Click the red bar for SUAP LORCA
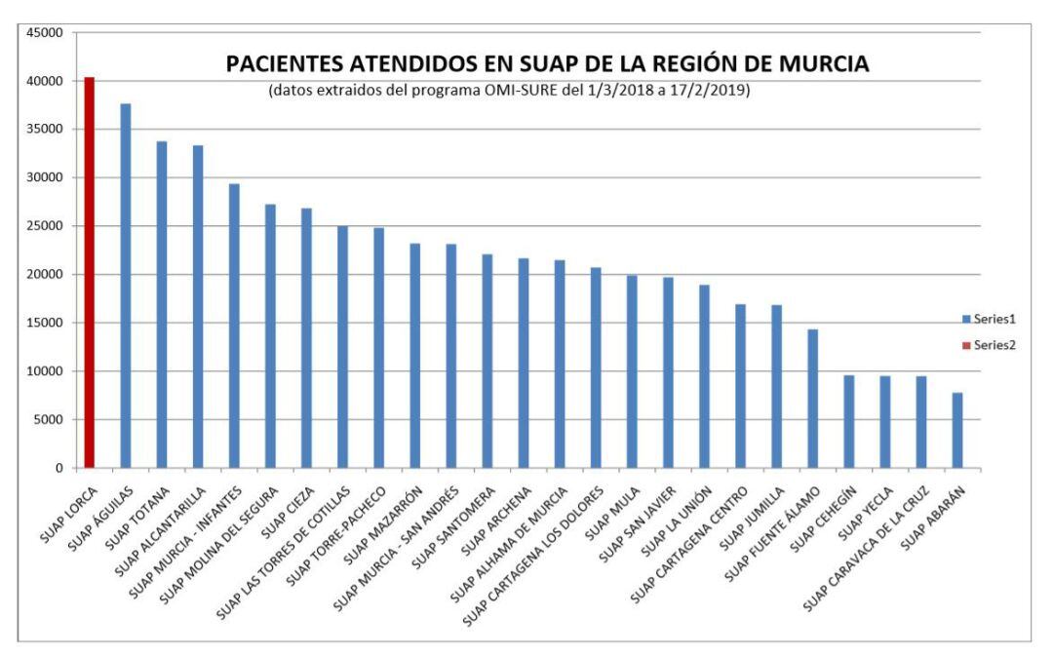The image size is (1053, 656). click(89, 273)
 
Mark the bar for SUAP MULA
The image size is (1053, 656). click(632, 371)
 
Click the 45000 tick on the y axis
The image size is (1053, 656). click(46, 32)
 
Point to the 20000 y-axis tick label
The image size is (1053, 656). click(46, 275)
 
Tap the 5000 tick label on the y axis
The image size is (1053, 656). click(49, 420)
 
